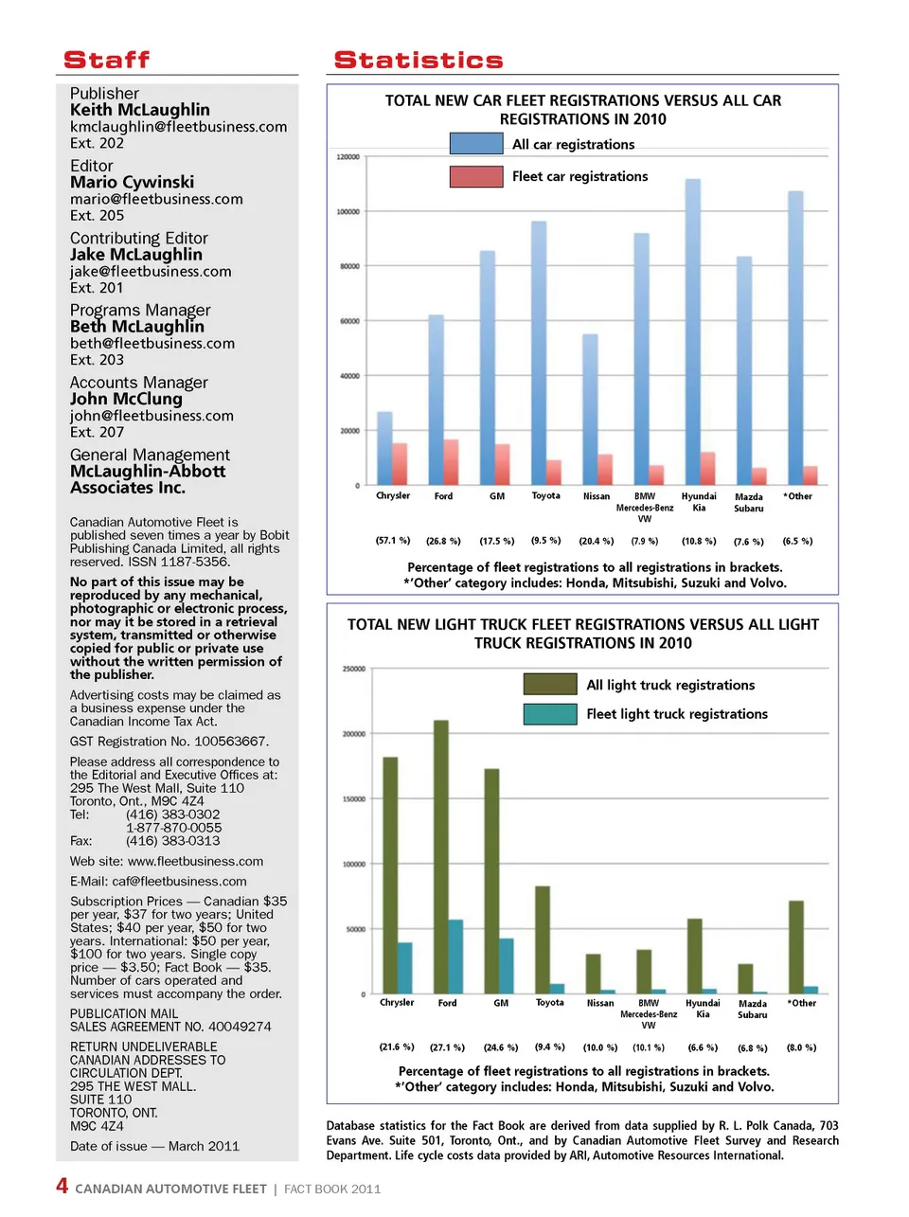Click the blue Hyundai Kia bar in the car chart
pos(693,331)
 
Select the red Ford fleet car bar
pos(451,462)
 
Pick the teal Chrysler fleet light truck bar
pos(405,968)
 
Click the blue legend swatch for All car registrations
pos(476,144)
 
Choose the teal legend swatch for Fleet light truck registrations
pos(550,714)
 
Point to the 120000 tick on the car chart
pos(348,156)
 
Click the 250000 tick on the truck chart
pos(353,669)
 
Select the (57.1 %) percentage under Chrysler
pos(393,541)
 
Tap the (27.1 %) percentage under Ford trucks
pos(447,1047)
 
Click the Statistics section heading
pos(419,61)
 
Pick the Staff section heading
pos(106,61)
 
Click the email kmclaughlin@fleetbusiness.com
pos(178,127)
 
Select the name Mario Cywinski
pos(132,182)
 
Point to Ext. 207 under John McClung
pos(97,432)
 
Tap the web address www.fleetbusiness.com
pos(195,862)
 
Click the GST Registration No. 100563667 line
pos(169,742)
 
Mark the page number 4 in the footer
pos(62,1187)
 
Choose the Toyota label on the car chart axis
pos(545,495)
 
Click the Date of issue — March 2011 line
pos(154,1146)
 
